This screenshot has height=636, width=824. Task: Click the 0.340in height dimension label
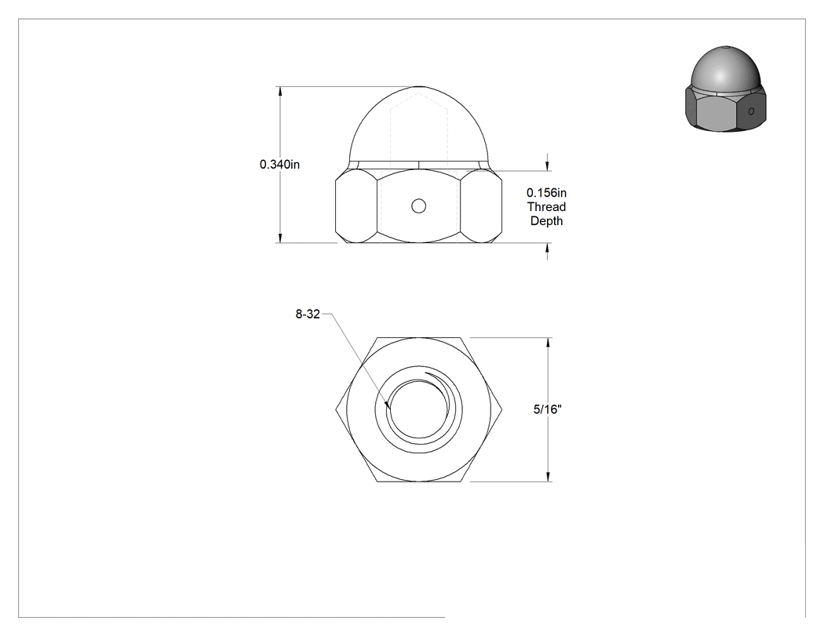tap(279, 165)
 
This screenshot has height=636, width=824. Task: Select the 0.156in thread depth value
tap(546, 193)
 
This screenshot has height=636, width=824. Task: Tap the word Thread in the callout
tap(546, 207)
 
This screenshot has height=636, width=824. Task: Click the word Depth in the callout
tap(546, 221)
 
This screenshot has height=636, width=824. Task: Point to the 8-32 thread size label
tap(308, 314)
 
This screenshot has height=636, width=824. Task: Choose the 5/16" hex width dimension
tap(548, 409)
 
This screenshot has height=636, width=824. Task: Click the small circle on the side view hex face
tap(419, 206)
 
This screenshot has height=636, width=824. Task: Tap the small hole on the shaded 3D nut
tap(751, 111)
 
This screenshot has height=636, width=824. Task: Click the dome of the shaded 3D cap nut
tap(726, 69)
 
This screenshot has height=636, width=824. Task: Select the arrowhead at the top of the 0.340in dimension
tap(280, 92)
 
